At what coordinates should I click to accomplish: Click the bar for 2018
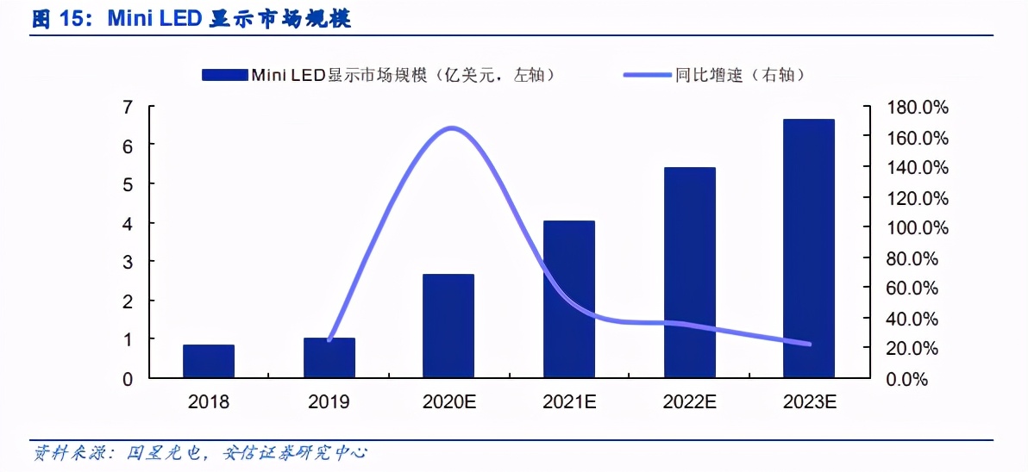[x=209, y=361]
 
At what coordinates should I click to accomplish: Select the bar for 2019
[x=329, y=357]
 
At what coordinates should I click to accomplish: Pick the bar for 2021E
[x=568, y=299]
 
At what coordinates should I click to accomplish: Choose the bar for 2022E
[x=689, y=272]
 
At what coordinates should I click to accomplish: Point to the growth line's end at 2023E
[x=809, y=344]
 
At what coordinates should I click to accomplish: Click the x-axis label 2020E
[x=448, y=402]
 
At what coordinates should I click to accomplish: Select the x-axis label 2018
[x=209, y=402]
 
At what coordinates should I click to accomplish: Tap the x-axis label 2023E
[x=809, y=402]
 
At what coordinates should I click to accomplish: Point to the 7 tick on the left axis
[x=128, y=108]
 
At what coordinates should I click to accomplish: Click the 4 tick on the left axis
[x=128, y=224]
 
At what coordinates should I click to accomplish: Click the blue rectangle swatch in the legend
[x=225, y=75]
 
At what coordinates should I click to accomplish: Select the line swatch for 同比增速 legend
[x=647, y=75]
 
